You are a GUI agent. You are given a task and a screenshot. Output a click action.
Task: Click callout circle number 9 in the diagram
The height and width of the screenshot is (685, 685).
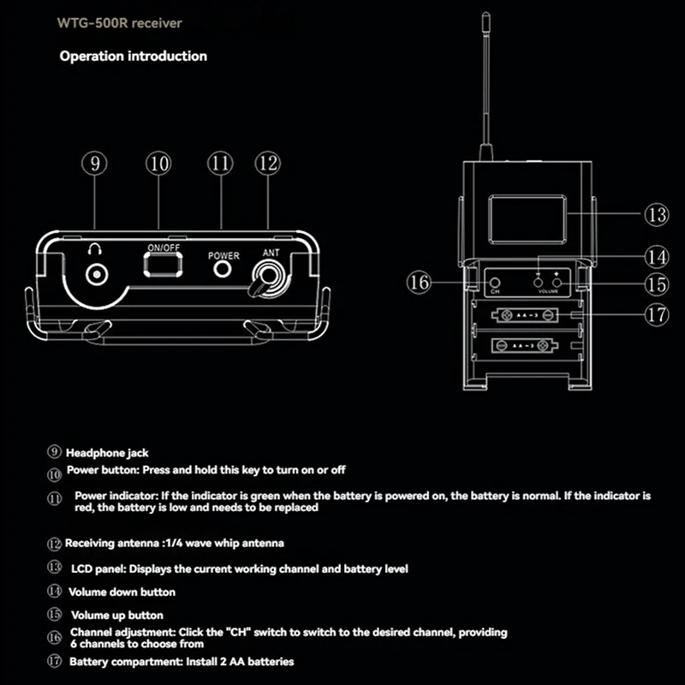[x=95, y=164]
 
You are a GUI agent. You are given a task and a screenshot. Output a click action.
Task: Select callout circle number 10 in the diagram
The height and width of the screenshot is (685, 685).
[x=158, y=164]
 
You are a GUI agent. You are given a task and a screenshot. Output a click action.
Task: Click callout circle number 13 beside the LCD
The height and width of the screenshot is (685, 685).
[x=656, y=215]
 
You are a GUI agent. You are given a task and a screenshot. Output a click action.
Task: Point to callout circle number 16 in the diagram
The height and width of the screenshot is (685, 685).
[x=419, y=283]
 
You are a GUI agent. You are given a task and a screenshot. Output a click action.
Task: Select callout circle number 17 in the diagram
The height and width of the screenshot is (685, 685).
[x=657, y=314]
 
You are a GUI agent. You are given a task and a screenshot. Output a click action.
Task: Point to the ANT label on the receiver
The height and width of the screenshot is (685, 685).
[x=271, y=253]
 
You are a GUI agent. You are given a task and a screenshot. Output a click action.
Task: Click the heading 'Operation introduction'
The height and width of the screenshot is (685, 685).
[x=133, y=57]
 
